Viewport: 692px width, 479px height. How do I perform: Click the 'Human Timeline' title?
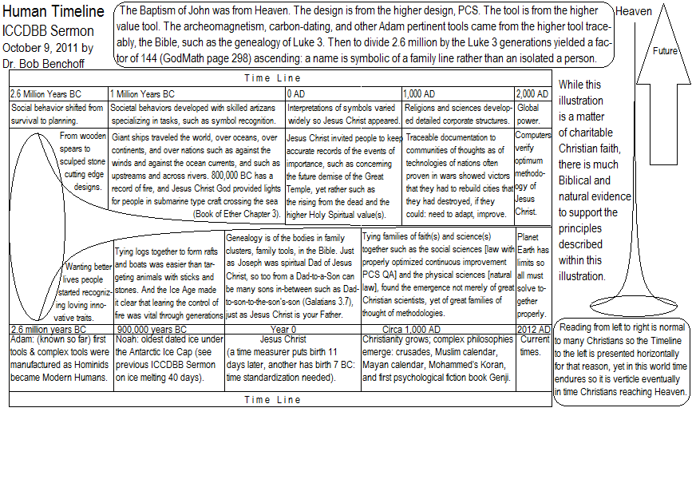tap(53, 12)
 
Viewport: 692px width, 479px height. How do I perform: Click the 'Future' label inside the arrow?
tap(665, 50)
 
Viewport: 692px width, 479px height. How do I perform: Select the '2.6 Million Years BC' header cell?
tap(45, 93)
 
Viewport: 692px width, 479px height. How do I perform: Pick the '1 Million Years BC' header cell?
tap(142, 93)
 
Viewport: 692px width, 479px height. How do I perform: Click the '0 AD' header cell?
tap(297, 93)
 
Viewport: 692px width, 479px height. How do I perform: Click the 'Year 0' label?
tap(283, 329)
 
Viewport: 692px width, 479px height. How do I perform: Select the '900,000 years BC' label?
tap(152, 329)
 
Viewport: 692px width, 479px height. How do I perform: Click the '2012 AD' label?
tap(533, 329)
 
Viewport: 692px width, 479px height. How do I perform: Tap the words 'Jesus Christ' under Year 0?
tap(284, 339)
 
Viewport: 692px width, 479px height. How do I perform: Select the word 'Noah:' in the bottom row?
tap(129, 339)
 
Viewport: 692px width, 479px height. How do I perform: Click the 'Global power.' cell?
tap(528, 113)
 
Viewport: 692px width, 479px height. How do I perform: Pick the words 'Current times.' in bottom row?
tap(535, 345)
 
